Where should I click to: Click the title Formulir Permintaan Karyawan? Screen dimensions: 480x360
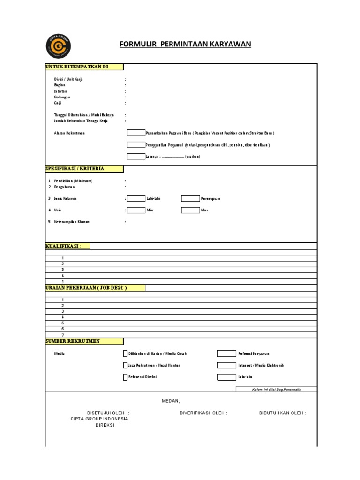tap(185, 44)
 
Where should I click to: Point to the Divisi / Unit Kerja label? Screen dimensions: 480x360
tap(68, 79)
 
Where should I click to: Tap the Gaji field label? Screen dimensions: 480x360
tap(58, 103)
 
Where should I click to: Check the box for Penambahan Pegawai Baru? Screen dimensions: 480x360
tap(136, 133)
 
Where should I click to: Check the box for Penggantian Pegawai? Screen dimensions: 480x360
tap(136, 145)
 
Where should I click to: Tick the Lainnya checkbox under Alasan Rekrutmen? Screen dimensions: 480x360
tap(136, 156)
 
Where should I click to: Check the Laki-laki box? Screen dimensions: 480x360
tap(136, 198)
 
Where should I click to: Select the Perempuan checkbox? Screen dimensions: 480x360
tap(190, 198)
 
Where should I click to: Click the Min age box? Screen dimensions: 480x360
tap(136, 210)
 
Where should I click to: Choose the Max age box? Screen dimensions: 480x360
tap(190, 210)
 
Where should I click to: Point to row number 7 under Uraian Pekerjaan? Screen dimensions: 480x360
tap(62, 335)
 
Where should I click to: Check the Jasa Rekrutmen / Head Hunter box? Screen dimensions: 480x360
tap(125, 365)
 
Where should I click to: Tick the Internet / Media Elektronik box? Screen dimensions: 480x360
tap(226, 365)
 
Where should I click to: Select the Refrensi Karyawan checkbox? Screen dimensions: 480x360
tap(226, 353)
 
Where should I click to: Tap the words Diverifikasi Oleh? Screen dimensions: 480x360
tap(203, 413)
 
